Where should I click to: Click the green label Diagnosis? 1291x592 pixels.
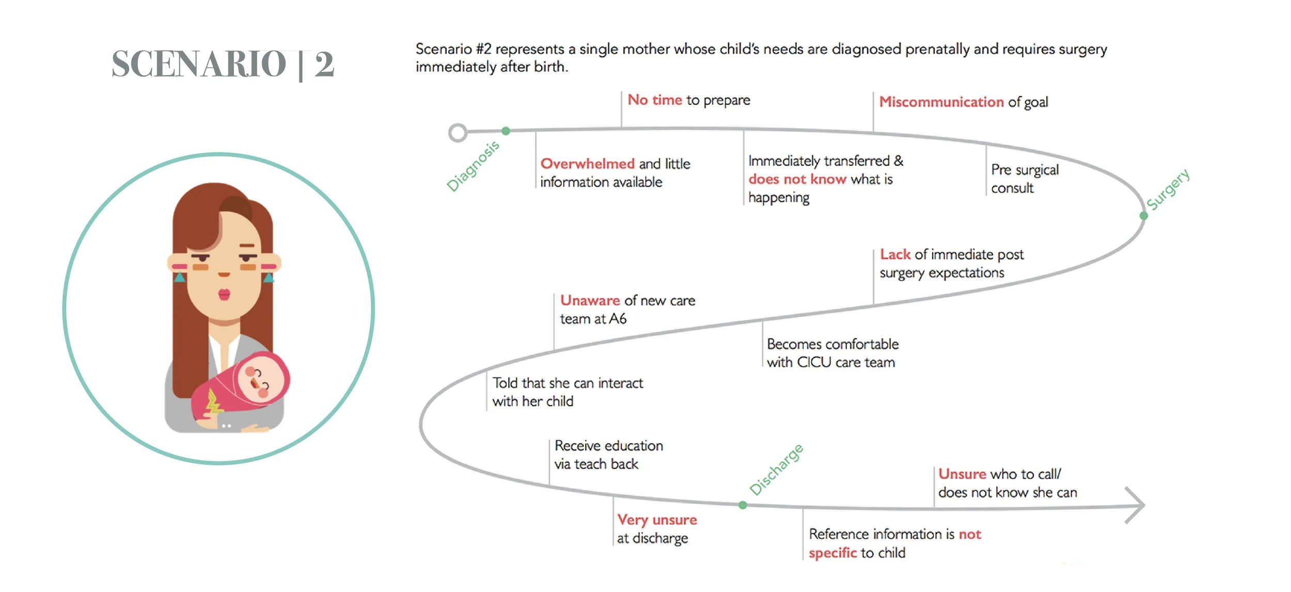click(x=473, y=166)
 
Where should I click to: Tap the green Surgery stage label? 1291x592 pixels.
click(x=1168, y=189)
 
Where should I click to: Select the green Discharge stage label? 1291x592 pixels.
click(x=776, y=470)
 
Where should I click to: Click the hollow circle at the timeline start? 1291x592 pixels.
click(x=458, y=133)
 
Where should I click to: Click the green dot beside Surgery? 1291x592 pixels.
click(x=1144, y=215)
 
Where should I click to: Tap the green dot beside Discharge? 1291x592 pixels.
click(x=743, y=505)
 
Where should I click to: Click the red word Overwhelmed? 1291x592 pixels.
click(x=587, y=164)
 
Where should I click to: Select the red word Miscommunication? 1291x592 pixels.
click(x=941, y=102)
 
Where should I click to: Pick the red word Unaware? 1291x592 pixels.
click(x=590, y=300)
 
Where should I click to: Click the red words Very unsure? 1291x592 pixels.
click(x=657, y=520)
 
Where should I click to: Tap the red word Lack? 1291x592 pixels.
click(x=895, y=254)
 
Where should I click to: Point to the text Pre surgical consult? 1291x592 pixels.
click(x=1025, y=179)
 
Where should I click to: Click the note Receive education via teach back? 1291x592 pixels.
click(x=608, y=455)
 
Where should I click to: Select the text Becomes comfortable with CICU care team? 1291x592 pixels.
click(x=832, y=353)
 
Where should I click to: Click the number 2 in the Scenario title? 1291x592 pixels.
click(x=324, y=64)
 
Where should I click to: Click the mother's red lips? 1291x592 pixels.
click(x=224, y=294)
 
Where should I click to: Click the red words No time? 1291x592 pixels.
click(x=655, y=100)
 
